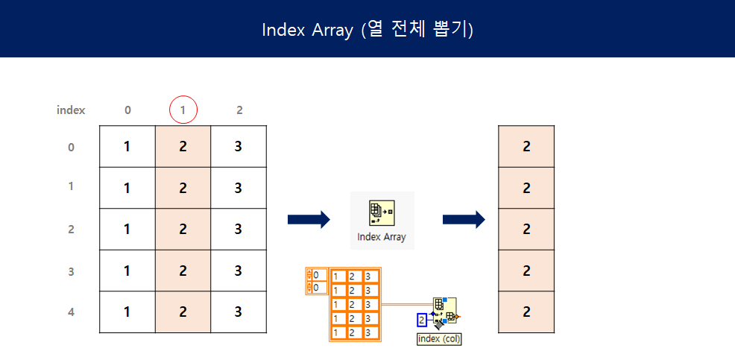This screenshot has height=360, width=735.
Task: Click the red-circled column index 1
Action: click(183, 110)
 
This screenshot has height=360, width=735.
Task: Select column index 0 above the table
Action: click(127, 110)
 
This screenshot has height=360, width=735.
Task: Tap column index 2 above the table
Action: click(239, 110)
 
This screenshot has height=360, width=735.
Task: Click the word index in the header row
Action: click(71, 110)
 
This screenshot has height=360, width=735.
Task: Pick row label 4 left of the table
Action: click(71, 312)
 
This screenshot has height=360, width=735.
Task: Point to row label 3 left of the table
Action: click(71, 271)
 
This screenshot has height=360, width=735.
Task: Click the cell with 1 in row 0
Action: click(127, 147)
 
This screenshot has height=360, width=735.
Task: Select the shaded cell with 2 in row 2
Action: click(183, 229)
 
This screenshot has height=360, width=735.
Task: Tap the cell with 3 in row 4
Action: click(239, 312)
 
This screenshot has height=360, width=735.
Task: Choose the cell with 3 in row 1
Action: click(239, 188)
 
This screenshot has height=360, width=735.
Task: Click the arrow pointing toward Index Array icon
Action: click(308, 219)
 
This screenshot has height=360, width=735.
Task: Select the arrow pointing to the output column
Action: click(464, 219)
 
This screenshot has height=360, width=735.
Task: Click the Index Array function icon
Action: click(382, 212)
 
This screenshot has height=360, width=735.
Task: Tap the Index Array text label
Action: click(382, 238)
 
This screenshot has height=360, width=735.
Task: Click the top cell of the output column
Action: click(526, 147)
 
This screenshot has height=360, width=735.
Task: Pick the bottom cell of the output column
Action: click(526, 312)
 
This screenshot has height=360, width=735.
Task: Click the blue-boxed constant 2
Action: click(422, 320)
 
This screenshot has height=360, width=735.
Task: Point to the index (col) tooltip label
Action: click(439, 339)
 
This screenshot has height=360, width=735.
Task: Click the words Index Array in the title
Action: click(307, 30)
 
